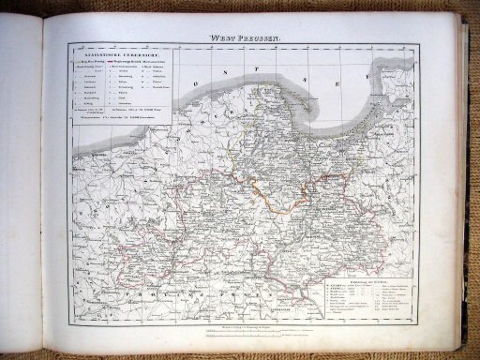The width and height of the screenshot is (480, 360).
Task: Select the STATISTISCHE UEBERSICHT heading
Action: tap(107, 57)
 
